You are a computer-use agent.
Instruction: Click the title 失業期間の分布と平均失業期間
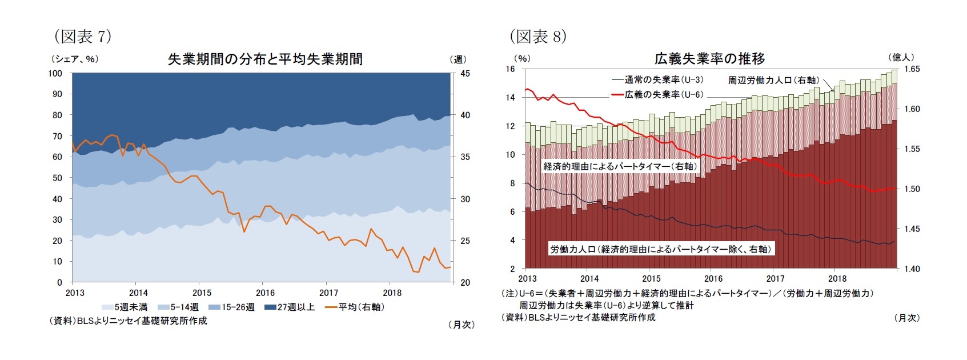click(x=265, y=59)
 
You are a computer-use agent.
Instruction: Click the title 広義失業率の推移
click(x=709, y=59)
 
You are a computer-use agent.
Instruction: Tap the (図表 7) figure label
click(x=82, y=37)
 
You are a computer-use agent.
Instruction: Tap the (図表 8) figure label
click(x=537, y=37)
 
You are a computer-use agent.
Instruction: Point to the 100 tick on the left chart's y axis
click(x=55, y=73)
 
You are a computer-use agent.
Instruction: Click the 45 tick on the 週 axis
click(x=464, y=73)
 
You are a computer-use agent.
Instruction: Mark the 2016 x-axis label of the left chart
click(x=265, y=293)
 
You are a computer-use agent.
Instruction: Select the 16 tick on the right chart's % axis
click(x=510, y=69)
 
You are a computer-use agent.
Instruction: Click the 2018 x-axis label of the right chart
click(x=837, y=279)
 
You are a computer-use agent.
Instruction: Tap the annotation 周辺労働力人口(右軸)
click(x=773, y=80)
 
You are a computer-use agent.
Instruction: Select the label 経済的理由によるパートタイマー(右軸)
click(x=620, y=166)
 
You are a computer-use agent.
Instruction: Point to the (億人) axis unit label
click(x=901, y=57)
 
